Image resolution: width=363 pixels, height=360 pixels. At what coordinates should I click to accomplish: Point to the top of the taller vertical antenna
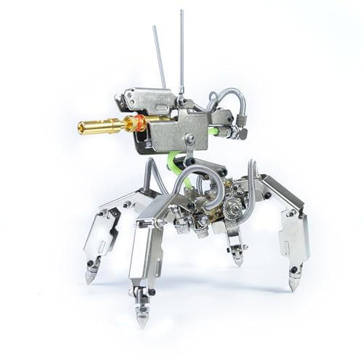181,12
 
